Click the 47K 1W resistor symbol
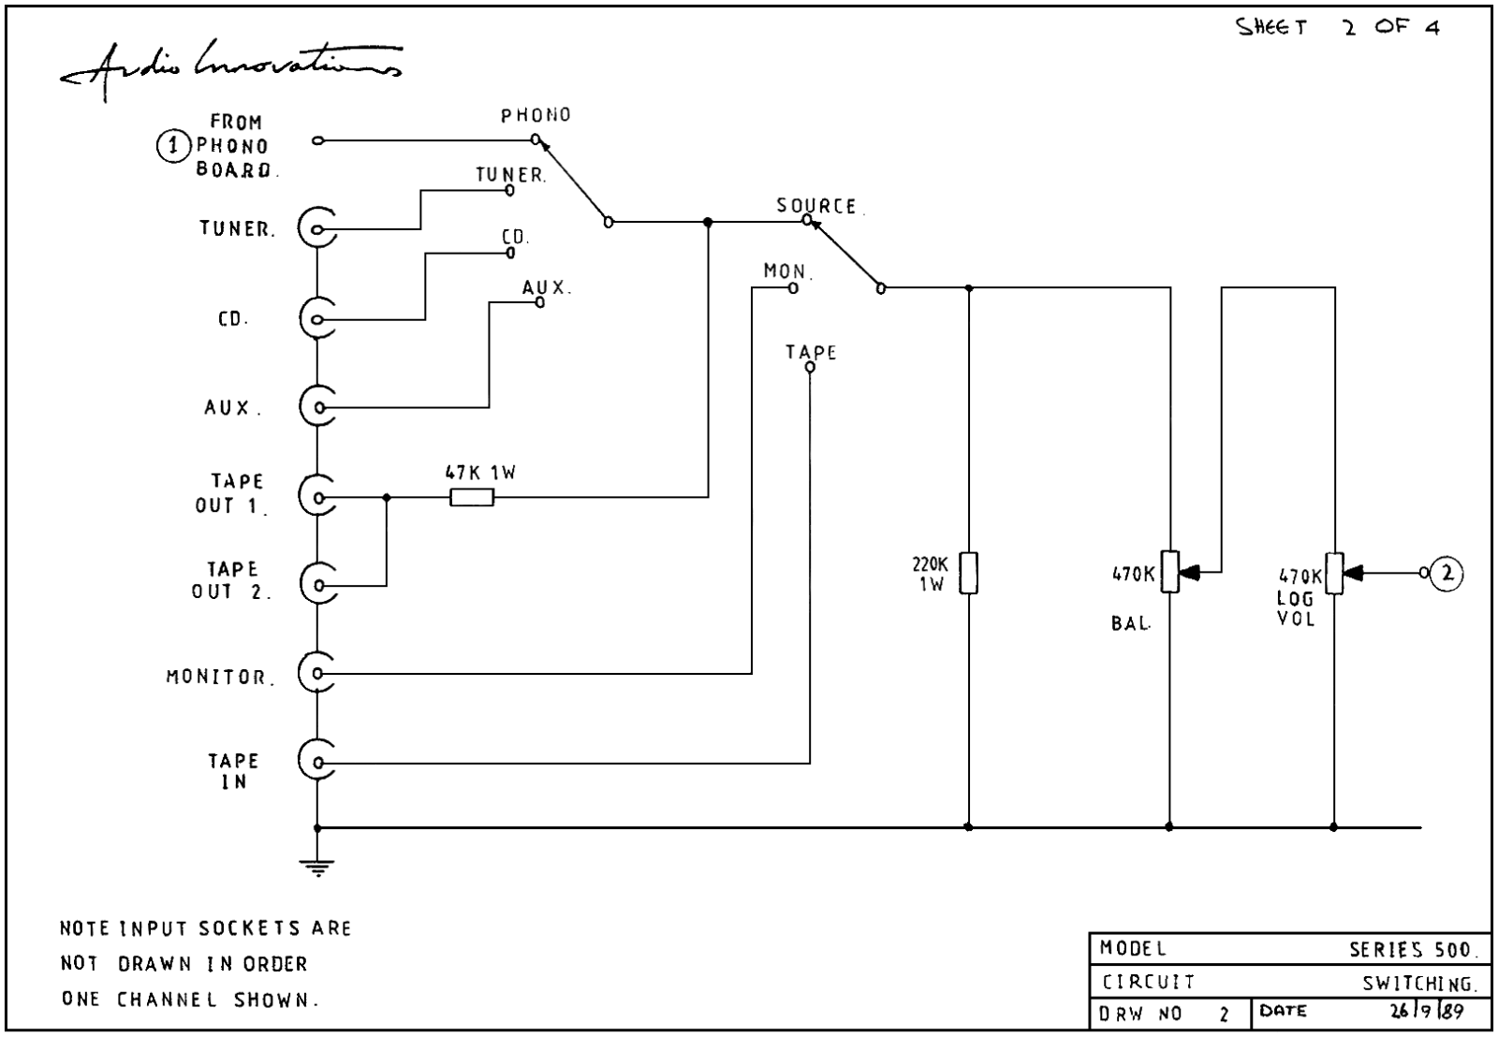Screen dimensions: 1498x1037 [472, 497]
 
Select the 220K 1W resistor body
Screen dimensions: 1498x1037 [968, 573]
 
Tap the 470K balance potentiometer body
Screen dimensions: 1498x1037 [1169, 572]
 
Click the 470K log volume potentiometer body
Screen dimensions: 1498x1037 [1334, 573]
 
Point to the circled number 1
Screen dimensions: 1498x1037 [173, 146]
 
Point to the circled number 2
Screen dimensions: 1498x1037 [1447, 573]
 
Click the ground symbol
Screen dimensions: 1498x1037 [317, 868]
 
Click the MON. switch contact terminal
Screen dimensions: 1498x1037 [793, 288]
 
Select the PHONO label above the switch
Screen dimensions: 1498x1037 [536, 116]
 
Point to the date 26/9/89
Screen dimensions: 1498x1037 [1427, 1011]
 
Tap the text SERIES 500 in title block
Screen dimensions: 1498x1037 [1410, 950]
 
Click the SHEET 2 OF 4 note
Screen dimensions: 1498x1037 [1337, 27]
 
